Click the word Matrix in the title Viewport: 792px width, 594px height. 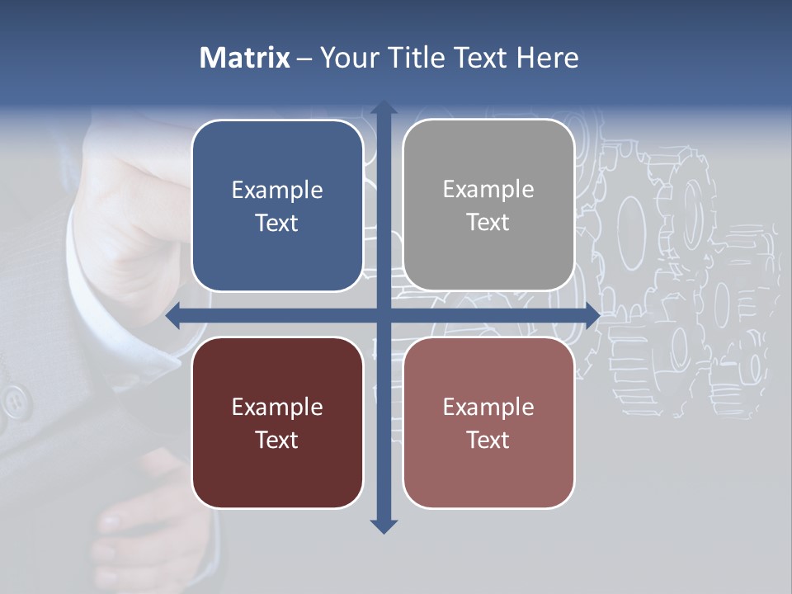coord(245,58)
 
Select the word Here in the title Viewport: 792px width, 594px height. coord(548,58)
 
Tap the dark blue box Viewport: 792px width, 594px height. coord(277,205)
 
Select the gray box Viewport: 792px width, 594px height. coord(488,205)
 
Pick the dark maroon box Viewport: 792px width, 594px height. coord(277,422)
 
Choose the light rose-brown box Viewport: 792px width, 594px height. coord(488,422)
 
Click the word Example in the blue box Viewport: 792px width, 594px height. coord(277,191)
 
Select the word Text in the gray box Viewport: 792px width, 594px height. coord(488,223)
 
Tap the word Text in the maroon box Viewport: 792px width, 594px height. coord(277,440)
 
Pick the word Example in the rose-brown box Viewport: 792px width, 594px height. coord(488,407)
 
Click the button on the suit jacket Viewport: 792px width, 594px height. coord(14,402)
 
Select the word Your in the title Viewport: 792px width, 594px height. coord(347,58)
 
